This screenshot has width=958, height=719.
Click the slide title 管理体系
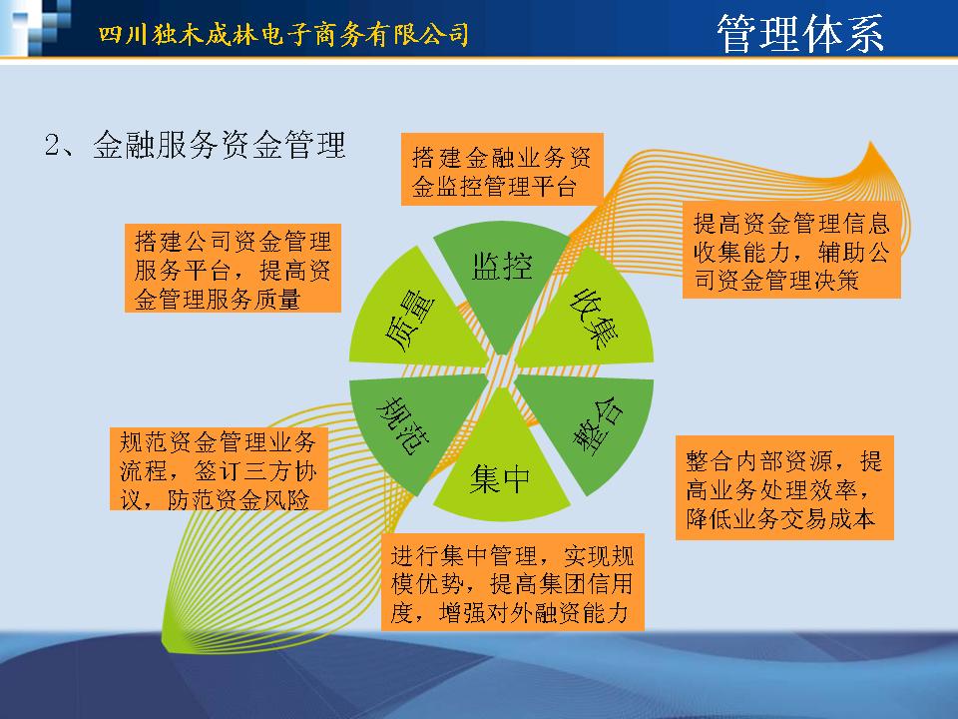pos(800,33)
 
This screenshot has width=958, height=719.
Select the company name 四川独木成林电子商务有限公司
pos(284,34)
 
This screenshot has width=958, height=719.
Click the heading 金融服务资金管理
pos(220,145)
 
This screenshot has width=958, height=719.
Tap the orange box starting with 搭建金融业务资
pos(502,169)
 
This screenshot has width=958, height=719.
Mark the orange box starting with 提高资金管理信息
pos(791,250)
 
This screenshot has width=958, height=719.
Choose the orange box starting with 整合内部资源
pos(784,488)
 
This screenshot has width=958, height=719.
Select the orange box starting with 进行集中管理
pos(513,582)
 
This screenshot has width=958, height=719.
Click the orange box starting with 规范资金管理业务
pos(219,468)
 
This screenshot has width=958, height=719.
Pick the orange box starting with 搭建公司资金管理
pos(233,269)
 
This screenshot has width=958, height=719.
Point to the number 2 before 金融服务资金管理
pos(52,146)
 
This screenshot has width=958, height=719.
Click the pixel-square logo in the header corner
pos(37,28)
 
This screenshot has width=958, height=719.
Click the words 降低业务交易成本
pos(780,518)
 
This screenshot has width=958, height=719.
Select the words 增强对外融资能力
pos(533,612)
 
